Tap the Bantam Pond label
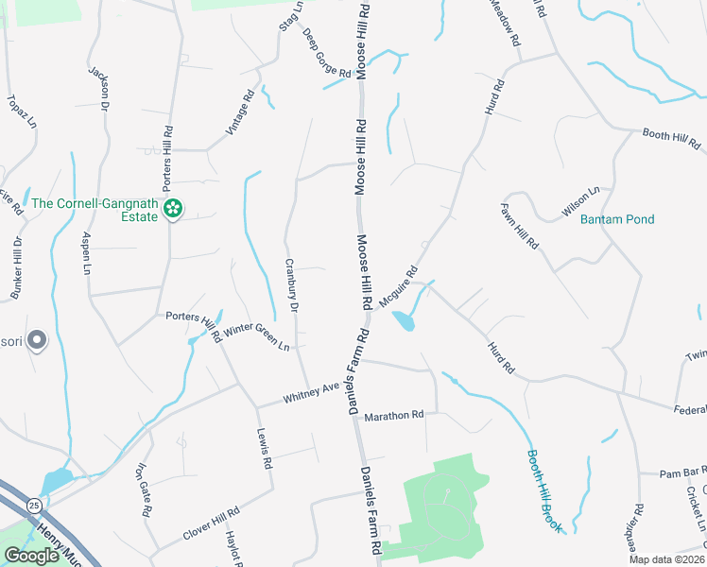pyautogui.click(x=618, y=219)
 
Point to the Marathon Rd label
pyautogui.click(x=394, y=416)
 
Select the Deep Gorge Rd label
pyautogui.click(x=327, y=53)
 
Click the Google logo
pyautogui.click(x=31, y=556)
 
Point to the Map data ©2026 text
pyautogui.click(x=665, y=559)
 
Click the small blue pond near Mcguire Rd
pyautogui.click(x=404, y=321)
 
